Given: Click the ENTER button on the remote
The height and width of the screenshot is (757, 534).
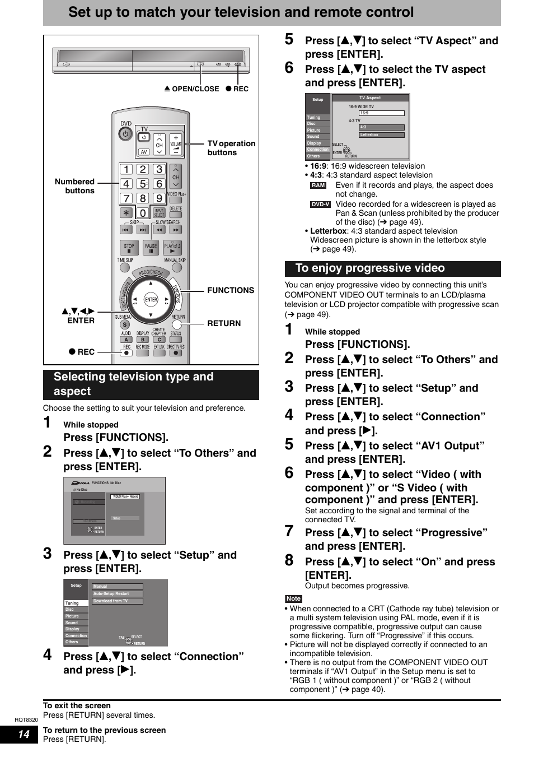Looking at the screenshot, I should coord(151,300).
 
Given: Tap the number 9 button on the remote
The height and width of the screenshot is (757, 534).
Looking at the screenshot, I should coord(159,198).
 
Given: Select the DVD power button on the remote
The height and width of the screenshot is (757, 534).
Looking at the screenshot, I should coord(125,134).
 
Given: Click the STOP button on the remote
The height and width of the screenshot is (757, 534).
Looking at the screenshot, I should coord(129,247).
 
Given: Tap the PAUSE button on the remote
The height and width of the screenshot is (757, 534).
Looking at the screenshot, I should coord(151,247).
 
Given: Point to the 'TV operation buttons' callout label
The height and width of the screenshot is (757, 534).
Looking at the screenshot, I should coord(231,148).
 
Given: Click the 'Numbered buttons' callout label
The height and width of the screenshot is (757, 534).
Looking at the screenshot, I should coord(75,186).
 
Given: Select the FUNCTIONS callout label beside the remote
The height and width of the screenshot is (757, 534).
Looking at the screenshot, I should coord(230,290).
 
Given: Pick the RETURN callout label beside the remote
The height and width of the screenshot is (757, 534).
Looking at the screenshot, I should coord(224,323).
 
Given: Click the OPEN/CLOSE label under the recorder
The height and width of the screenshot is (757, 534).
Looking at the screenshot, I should coord(192,89).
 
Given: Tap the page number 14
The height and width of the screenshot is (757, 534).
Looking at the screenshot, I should coord(24,734).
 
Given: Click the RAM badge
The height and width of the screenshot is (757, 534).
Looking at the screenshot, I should coord(318,185).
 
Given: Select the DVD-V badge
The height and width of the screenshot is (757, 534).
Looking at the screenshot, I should coord(320,205).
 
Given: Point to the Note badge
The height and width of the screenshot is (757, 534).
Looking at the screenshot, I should coord(293,598).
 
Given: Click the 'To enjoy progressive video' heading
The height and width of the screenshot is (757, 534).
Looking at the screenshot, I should coord(370,268).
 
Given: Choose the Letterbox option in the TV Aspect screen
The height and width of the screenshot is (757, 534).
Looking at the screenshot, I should coord(381,134).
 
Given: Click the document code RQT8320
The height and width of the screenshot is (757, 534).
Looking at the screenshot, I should coord(26,720).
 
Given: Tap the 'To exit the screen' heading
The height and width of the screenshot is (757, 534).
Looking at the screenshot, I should coord(77,705).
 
